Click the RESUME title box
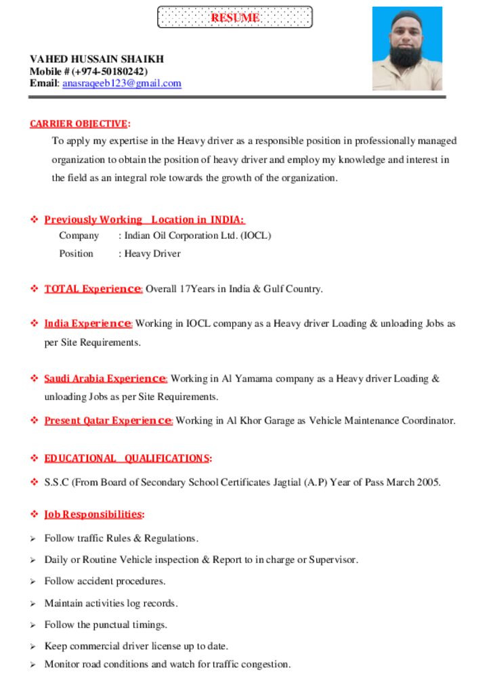pyautogui.click(x=234, y=18)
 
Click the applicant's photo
pyautogui.click(x=407, y=49)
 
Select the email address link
pyautogui.click(x=122, y=83)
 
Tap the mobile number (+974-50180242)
pyautogui.click(x=109, y=71)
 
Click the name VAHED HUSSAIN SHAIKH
pyautogui.click(x=97, y=59)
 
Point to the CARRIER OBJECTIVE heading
pyautogui.click(x=79, y=123)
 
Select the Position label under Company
pyautogui.click(x=76, y=253)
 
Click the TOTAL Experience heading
pyautogui.click(x=93, y=289)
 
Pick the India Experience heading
pyautogui.click(x=87, y=323)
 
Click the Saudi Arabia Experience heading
pyautogui.click(x=105, y=378)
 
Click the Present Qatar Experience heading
pyautogui.click(x=108, y=421)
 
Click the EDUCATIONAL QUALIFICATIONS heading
pyautogui.click(x=127, y=458)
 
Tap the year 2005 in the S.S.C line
pyautogui.click(x=428, y=483)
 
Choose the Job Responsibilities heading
pyautogui.click(x=93, y=514)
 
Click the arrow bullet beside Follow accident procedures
pyautogui.click(x=33, y=581)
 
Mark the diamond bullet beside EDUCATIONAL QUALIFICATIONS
pyautogui.click(x=34, y=458)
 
